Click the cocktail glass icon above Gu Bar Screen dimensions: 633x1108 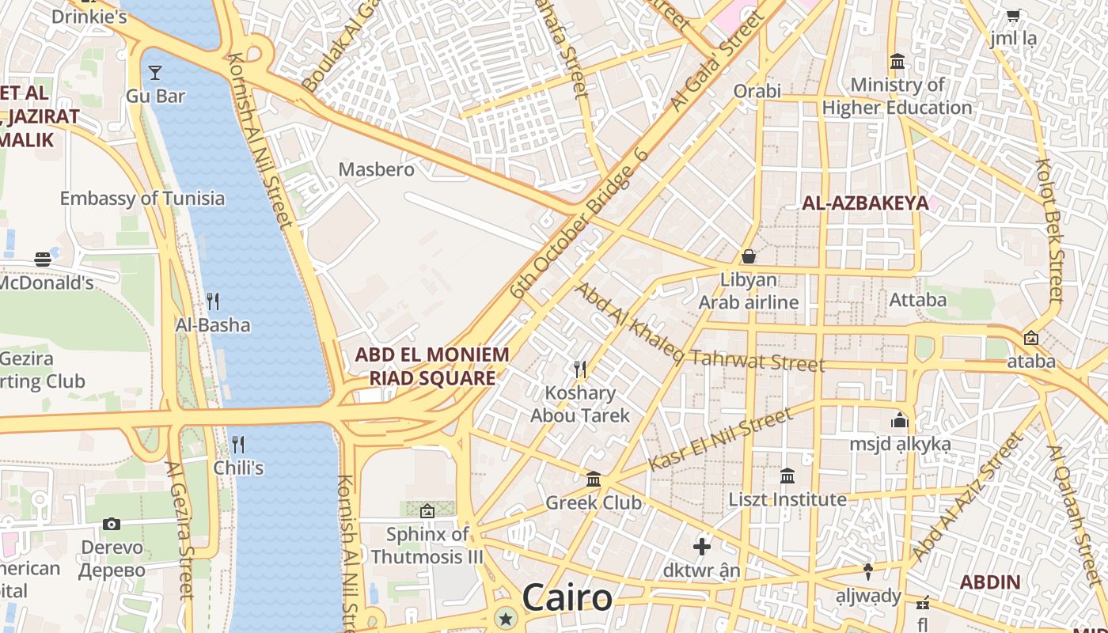click(155, 73)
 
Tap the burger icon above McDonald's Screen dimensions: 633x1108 click(43, 259)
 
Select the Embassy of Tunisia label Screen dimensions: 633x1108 click(142, 198)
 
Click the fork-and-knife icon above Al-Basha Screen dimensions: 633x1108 click(212, 301)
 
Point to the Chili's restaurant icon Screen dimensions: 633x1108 click(237, 444)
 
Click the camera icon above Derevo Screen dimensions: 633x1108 click(112, 524)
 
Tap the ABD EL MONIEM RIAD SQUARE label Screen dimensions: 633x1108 click(432, 366)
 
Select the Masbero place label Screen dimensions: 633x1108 click(377, 169)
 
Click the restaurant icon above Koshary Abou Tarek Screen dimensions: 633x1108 click(580, 369)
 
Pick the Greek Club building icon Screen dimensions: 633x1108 click(594, 479)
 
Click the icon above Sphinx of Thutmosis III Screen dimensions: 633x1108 click(427, 511)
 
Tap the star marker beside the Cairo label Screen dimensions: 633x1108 click(505, 617)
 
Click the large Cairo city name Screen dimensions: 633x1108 click(567, 597)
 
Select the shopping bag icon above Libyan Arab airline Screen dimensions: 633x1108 click(748, 256)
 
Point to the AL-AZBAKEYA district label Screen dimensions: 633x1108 click(865, 203)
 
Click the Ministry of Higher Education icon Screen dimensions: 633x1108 click(897, 61)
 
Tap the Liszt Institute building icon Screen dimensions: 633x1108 click(787, 476)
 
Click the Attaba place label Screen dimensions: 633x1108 click(918, 300)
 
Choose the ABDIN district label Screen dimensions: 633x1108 click(990, 582)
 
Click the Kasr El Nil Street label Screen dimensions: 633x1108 click(720, 439)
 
